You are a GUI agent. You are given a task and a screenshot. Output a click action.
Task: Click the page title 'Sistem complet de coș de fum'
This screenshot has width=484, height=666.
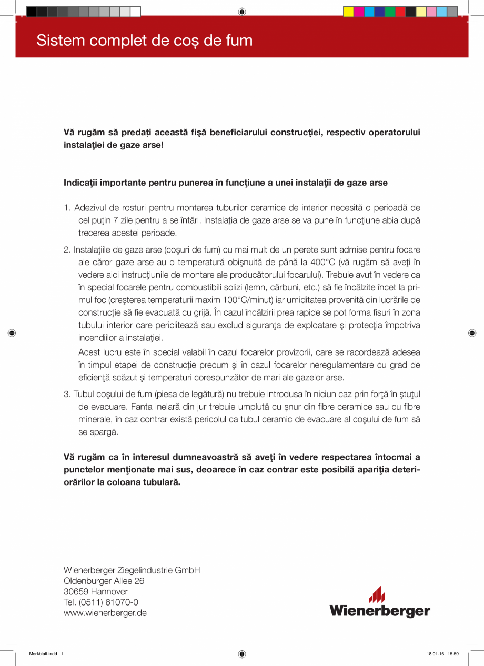[144, 41]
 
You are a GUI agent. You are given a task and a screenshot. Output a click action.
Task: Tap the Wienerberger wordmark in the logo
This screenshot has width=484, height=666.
[379, 611]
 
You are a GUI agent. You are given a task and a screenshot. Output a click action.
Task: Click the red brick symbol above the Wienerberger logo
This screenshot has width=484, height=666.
[377, 594]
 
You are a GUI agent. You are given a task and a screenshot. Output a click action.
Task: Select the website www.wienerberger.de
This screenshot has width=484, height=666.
[105, 613]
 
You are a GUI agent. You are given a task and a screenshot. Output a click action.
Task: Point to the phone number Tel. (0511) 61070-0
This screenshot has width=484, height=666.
[101, 602]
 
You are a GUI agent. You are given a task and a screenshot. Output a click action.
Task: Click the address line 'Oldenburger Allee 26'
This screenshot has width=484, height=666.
[104, 581]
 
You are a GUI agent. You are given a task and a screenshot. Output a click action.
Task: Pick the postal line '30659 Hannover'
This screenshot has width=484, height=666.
[95, 592]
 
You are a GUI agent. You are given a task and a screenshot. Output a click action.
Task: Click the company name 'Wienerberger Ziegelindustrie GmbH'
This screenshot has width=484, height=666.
[132, 570]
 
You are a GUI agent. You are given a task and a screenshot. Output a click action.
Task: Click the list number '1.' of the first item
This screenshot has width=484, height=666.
[67, 208]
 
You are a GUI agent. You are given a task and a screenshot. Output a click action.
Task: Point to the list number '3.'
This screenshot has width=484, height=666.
[67, 394]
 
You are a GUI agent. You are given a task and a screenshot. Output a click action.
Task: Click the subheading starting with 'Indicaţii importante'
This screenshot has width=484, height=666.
[225, 183]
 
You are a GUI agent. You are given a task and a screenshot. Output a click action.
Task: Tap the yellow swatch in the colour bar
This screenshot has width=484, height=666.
[348, 12]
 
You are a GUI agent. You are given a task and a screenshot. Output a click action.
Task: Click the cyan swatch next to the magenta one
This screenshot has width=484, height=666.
[369, 12]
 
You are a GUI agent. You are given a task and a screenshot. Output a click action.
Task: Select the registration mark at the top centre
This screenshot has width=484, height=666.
[241, 11]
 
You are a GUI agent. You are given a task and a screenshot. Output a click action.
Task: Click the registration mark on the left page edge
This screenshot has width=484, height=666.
[12, 332]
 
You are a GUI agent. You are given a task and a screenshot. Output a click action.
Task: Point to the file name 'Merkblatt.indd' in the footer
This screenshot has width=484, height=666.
[43, 654]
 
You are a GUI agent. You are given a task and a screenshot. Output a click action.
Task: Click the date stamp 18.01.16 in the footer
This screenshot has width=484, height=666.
[435, 654]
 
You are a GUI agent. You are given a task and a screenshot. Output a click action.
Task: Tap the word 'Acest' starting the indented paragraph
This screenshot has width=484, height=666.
[88, 351]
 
